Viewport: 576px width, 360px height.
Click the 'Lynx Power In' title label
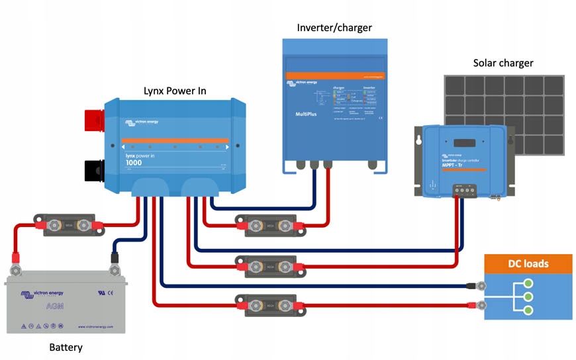point(174,90)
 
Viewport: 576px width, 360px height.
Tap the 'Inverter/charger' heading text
point(334,27)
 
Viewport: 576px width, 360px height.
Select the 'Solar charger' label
point(503,63)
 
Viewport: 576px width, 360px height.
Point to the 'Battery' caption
point(66,347)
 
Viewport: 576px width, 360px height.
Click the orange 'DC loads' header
point(528,263)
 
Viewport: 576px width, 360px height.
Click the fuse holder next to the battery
point(69,226)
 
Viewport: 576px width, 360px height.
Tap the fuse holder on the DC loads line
point(269,305)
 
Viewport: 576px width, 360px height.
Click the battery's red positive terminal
point(15,265)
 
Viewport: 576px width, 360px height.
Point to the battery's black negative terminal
point(115,265)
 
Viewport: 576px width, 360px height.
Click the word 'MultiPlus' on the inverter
point(309,114)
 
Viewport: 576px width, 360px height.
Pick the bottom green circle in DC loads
point(528,310)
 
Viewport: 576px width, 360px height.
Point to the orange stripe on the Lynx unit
point(175,140)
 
